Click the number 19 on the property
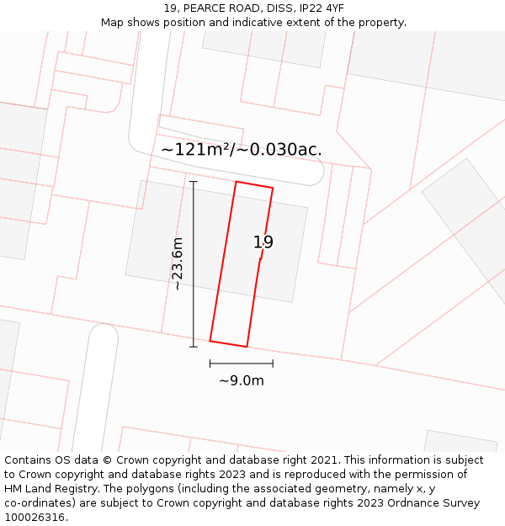(263, 242)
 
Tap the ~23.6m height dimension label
(178, 263)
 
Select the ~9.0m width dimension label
(242, 380)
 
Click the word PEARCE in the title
(206, 8)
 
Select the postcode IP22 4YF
(321, 8)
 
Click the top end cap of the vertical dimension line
(194, 181)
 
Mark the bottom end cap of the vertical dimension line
(194, 346)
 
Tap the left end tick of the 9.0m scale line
(210, 364)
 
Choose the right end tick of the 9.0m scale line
(273, 364)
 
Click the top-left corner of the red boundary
(237, 182)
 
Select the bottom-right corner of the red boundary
(247, 346)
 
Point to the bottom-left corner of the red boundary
(210, 341)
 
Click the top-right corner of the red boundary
(273, 188)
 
